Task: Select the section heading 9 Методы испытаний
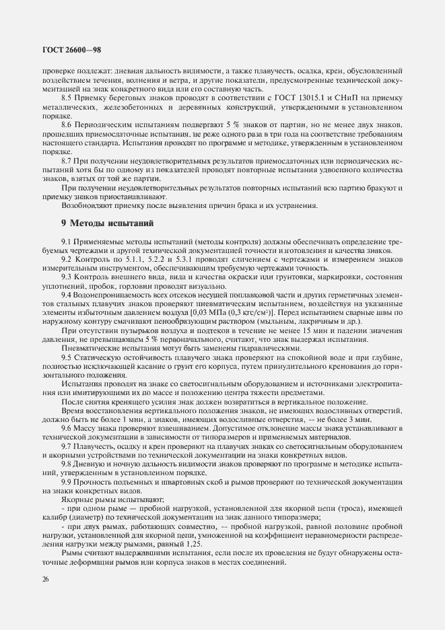pos(108,222)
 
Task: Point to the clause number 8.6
pos(67,126)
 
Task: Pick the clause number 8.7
pos(67,161)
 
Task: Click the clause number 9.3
pos(67,277)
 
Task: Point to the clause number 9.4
pos(67,294)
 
